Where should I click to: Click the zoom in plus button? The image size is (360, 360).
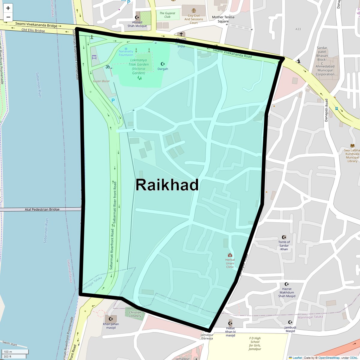point(8,8)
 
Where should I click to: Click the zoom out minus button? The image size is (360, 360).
point(8,17)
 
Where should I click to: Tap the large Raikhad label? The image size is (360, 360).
point(167,185)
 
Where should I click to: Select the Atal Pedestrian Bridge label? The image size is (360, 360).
point(42,209)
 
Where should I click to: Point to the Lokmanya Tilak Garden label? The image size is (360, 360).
point(139,66)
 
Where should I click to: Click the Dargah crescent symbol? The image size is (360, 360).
point(163,64)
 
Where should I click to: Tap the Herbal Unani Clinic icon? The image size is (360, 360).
point(230,255)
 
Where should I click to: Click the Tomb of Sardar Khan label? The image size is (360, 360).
point(284,245)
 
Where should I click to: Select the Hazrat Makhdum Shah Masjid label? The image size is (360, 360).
point(287,292)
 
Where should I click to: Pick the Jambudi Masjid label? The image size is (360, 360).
point(290,329)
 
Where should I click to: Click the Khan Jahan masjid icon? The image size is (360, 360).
point(111,319)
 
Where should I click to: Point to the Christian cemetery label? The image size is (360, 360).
point(135,314)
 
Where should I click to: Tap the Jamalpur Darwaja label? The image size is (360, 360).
point(207,336)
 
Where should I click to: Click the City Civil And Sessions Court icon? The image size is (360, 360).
point(194,10)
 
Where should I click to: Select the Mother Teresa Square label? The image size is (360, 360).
point(223,19)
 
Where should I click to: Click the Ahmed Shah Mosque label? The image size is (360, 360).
point(137,24)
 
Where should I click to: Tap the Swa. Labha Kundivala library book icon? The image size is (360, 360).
point(352,145)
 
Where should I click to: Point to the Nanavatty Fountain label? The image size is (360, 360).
point(126,53)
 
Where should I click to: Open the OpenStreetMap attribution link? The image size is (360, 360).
point(329,358)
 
